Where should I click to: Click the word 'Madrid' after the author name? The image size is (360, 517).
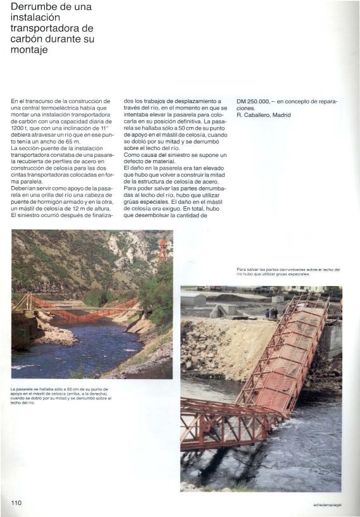click(x=282, y=116)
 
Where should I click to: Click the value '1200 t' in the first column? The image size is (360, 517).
click(x=20, y=128)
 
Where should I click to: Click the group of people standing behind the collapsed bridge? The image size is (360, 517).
click(x=271, y=313)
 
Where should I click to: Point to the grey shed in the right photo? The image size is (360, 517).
click(x=193, y=299)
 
